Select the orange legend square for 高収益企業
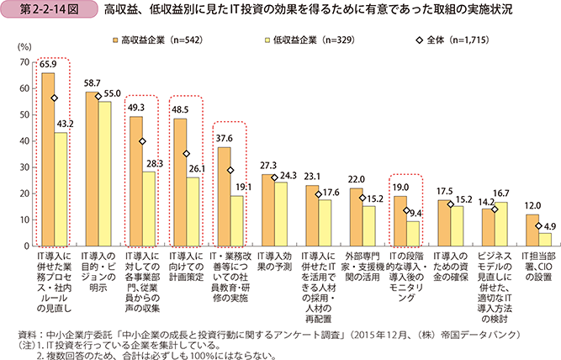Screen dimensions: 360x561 click(114, 39)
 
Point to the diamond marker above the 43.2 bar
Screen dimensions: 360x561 click(55, 98)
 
